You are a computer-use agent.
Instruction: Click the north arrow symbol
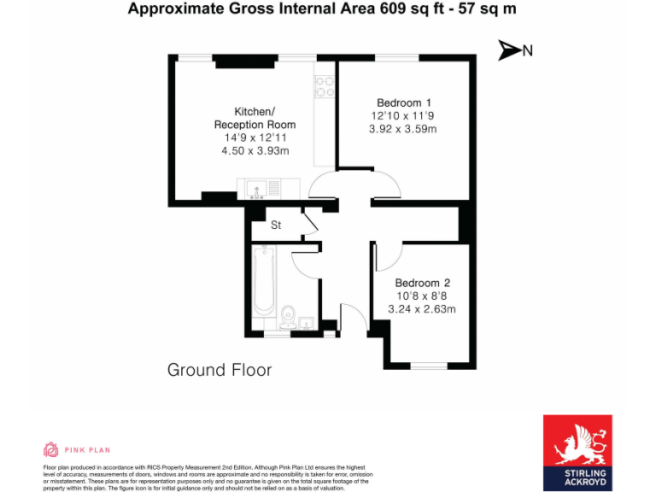coord(509,50)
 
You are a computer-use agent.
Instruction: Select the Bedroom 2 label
coord(422,283)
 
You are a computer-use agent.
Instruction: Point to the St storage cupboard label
coord(276,225)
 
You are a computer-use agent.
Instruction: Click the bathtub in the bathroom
coord(264,280)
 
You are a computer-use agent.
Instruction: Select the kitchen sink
coord(255,188)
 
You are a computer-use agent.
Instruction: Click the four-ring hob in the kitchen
coord(325,85)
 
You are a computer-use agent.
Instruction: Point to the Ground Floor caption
coord(220,370)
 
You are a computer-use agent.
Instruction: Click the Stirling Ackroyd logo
coord(577,452)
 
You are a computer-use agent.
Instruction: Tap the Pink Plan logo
coord(77,450)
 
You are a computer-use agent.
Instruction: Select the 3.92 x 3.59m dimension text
coord(402,129)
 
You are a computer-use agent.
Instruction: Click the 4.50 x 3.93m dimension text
coord(255,151)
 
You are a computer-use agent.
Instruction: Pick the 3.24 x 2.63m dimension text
coord(422,309)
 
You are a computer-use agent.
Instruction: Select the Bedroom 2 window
coord(428,366)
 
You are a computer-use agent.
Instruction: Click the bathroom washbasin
coord(306,322)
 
